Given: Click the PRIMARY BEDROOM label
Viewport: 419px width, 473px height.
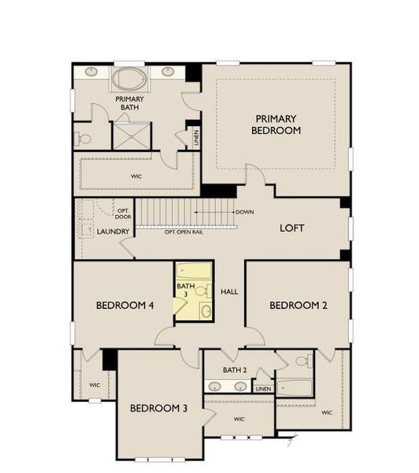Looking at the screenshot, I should pos(276,123).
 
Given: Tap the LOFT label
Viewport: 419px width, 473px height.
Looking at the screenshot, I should pos(292,228).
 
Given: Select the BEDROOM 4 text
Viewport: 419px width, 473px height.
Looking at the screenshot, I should pos(124,305).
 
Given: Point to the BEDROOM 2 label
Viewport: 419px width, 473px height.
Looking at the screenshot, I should pos(298,305).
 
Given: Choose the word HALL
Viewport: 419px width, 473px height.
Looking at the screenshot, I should pos(229,292).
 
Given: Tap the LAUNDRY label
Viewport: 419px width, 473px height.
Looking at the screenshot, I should pos(113,232).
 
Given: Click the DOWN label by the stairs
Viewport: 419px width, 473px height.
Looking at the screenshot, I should pos(244,211).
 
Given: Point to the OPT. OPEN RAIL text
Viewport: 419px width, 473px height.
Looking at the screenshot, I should pos(183,232).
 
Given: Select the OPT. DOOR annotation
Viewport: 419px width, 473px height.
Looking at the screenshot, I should pos(123,214).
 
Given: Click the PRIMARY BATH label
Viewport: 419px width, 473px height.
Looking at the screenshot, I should pos(129,103).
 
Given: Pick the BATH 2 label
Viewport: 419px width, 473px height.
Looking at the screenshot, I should pos(235,370).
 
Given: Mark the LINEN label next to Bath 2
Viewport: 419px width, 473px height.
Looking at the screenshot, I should pos(263,389).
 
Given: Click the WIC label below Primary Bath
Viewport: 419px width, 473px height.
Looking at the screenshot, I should pos(136,177).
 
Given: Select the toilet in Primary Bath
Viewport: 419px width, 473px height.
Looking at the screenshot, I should pos(84,139).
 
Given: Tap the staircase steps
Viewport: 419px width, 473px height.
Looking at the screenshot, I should pos(186,212).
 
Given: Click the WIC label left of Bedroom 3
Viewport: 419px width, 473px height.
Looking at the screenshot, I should pos(95,385).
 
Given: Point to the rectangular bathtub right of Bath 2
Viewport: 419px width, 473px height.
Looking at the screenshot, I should pos(296,386).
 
